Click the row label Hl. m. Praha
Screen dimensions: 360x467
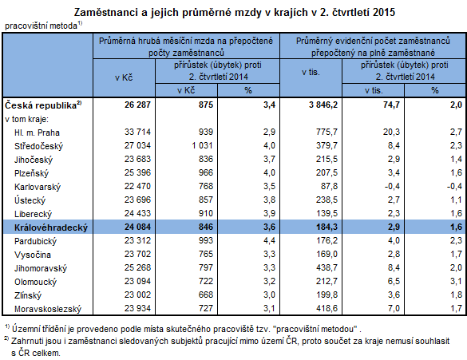click(x=38, y=132)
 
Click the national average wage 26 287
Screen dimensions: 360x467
click(x=133, y=105)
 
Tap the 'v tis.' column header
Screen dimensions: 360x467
click(x=311, y=73)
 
